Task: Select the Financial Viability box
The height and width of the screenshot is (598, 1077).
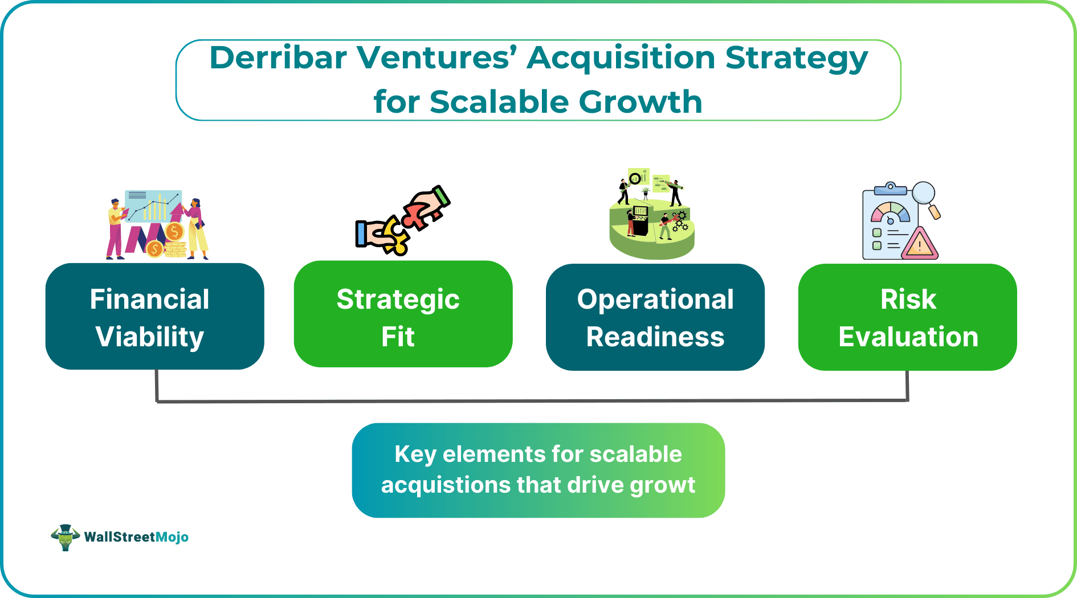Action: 154,317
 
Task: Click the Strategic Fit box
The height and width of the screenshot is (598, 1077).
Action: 403,315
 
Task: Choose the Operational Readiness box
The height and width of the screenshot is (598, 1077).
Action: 655,317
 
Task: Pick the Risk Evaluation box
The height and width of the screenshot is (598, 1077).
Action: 907,317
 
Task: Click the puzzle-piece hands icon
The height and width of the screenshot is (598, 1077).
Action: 402,220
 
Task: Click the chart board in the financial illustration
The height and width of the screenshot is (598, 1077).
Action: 153,206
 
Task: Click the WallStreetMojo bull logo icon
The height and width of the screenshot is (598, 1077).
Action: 65,537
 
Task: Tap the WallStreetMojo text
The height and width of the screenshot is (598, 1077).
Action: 136,537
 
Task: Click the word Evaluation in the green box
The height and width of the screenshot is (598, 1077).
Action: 908,337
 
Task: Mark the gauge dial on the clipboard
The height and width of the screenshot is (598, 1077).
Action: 890,215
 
